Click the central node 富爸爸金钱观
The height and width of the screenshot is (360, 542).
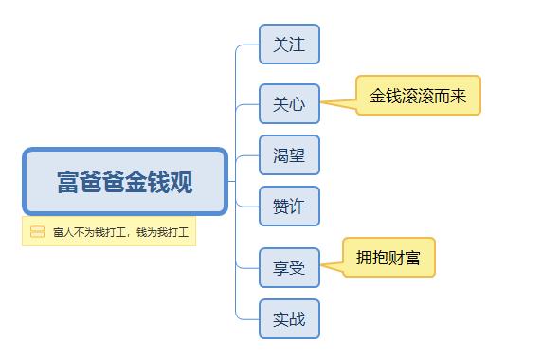[125, 181]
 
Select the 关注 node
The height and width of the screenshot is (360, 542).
[289, 45]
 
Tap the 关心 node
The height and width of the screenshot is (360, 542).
[289, 103]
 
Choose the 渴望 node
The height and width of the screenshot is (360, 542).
[289, 154]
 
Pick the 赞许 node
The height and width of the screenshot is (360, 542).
[289, 207]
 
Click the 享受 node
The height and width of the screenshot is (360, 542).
[289, 267]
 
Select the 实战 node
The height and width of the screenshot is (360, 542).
[289, 319]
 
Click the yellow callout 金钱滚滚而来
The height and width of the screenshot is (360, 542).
[418, 96]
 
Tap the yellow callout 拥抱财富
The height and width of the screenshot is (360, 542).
[388, 257]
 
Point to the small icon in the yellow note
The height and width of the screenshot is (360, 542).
[37, 231]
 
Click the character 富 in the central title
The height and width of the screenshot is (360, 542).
[68, 182]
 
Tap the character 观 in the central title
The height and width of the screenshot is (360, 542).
[182, 182]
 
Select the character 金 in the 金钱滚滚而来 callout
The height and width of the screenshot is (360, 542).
[379, 96]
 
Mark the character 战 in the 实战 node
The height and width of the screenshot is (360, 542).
[298, 319]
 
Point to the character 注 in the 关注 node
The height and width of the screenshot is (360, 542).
[298, 45]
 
